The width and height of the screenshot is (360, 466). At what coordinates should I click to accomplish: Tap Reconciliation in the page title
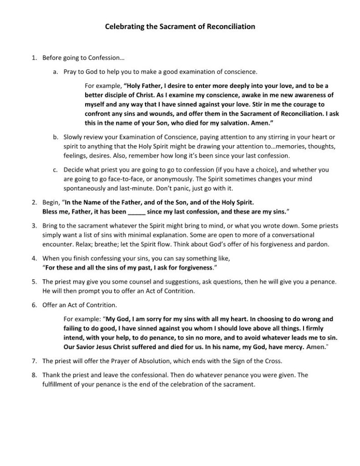(x=231, y=27)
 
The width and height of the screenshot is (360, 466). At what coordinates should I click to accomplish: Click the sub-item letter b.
(x=55, y=136)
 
